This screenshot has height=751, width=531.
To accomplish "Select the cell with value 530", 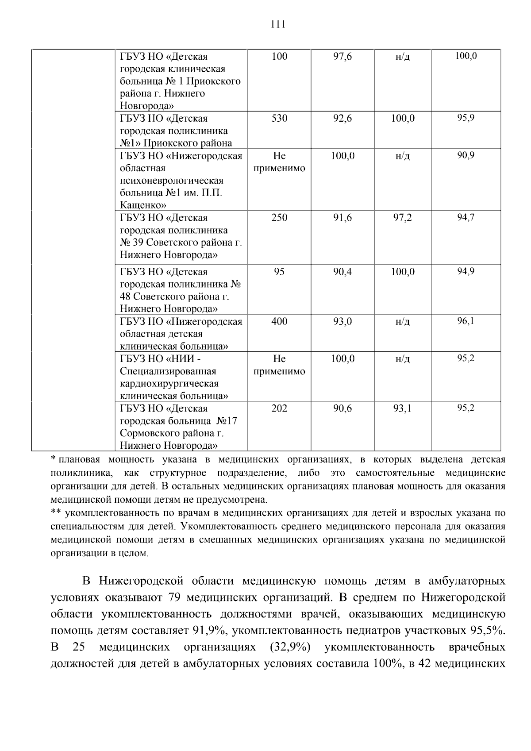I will [x=279, y=119].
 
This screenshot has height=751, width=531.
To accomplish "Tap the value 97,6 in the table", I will [x=342, y=57].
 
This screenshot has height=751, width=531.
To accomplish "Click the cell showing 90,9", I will [x=466, y=155].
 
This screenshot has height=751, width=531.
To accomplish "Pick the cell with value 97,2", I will [x=403, y=218].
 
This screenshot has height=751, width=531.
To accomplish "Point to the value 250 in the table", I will [x=279, y=218].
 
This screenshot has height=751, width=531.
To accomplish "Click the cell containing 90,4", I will [x=342, y=272].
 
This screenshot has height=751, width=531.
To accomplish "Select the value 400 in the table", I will [x=279, y=321].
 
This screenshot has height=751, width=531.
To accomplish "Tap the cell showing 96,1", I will [x=466, y=321].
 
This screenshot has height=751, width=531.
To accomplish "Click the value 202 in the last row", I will [x=279, y=408].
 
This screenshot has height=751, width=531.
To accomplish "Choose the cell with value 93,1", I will [x=403, y=408].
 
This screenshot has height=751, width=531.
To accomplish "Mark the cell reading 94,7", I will [x=466, y=217].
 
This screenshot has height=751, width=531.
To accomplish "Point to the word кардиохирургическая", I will [x=169, y=384].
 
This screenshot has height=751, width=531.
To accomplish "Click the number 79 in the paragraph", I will [x=175, y=598].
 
